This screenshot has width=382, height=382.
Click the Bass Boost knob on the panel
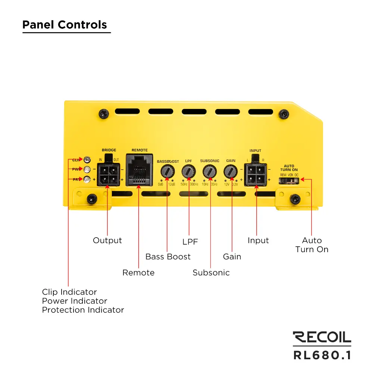(168, 172)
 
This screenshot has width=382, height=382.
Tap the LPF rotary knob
(189, 172)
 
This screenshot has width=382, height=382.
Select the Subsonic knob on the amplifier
(210, 172)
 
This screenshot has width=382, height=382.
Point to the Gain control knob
(231, 172)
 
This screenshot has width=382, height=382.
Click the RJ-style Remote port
(140, 170)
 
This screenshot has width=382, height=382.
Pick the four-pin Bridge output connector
(109, 174)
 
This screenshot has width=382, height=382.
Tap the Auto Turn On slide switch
(289, 180)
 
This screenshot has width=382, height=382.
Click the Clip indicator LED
(87, 160)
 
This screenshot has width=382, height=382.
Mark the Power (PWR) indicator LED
(87, 170)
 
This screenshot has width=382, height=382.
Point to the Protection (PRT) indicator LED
(87, 179)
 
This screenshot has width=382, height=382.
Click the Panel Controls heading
(65, 25)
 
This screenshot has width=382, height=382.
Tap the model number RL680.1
(322, 355)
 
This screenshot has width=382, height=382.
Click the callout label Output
(107, 241)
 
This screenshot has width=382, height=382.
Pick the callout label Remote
(138, 273)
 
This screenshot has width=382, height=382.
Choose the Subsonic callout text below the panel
(211, 273)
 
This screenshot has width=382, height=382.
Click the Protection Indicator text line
(83, 310)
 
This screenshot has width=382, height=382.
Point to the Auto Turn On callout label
(312, 245)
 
